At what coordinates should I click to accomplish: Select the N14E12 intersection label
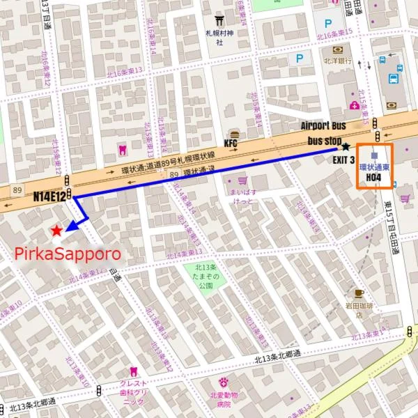49,196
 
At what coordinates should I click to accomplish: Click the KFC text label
232,144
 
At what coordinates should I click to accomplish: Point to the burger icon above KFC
234,133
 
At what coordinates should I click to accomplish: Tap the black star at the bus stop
346,147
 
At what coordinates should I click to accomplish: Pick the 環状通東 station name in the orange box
374,167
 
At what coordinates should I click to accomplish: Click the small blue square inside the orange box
375,155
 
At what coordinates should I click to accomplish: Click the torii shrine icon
219,20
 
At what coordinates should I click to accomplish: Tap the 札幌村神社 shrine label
219,37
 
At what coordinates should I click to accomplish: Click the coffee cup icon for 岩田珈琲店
359,293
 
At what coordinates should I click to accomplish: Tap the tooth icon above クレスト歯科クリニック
134,372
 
